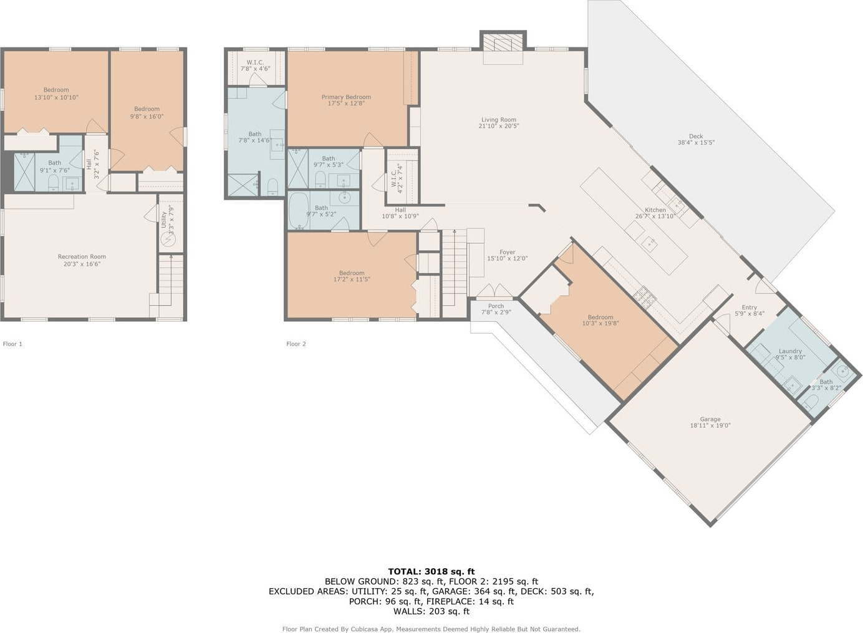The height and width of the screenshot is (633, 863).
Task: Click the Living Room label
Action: (499, 122)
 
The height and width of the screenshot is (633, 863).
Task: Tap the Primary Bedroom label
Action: (346, 100)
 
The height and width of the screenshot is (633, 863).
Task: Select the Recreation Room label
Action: (82, 260)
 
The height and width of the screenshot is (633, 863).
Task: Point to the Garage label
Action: (710, 422)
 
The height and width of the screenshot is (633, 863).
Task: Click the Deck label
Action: (696, 139)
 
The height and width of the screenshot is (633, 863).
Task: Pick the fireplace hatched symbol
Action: (503, 42)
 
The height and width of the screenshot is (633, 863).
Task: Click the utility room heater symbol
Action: (168, 239)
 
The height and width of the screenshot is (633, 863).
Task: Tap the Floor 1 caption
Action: (12, 344)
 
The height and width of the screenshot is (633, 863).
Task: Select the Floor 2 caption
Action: (296, 344)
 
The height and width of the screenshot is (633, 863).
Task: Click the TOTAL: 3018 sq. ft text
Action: (431, 571)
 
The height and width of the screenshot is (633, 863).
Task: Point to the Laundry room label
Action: (790, 354)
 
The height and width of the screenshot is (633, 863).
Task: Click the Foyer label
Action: (507, 255)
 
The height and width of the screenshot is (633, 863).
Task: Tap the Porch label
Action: (496, 309)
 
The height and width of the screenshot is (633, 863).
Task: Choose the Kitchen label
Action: (655, 213)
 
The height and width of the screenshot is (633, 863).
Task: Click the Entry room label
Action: (750, 311)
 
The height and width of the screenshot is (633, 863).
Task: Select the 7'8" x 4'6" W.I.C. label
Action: (255, 65)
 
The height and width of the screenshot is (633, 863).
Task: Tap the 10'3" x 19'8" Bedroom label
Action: (600, 320)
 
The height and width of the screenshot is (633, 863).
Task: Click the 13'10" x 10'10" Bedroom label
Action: (56, 94)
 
